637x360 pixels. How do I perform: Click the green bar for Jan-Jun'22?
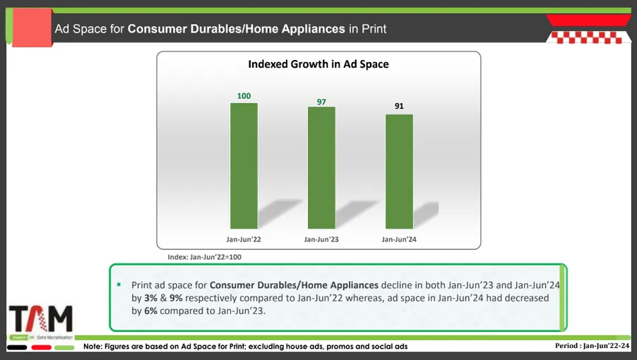point(244,166)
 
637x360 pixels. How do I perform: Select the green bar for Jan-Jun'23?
point(321,167)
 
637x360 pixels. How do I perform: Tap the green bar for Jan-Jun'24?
point(399,172)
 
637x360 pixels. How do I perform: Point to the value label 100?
point(244,96)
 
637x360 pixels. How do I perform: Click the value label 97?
point(321,102)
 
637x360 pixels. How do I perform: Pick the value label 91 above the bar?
point(399,106)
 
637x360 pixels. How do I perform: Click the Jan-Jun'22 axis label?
point(244,239)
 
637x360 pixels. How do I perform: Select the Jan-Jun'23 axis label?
point(321,239)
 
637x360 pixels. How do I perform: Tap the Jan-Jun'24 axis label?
point(399,239)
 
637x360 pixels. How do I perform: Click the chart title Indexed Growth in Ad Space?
point(318,64)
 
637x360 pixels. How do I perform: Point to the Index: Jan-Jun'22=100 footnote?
point(204,257)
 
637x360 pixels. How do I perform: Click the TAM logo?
point(41,319)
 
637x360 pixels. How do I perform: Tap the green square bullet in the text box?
point(119,284)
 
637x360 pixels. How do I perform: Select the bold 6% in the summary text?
point(150,311)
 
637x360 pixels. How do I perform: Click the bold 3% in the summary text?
point(150,298)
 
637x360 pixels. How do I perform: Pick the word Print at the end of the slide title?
point(374,29)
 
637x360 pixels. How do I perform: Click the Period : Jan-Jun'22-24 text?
point(593,346)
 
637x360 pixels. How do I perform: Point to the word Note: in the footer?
point(93,346)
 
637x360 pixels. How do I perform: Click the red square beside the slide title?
point(32,28)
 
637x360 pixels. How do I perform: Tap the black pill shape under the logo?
point(17,347)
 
